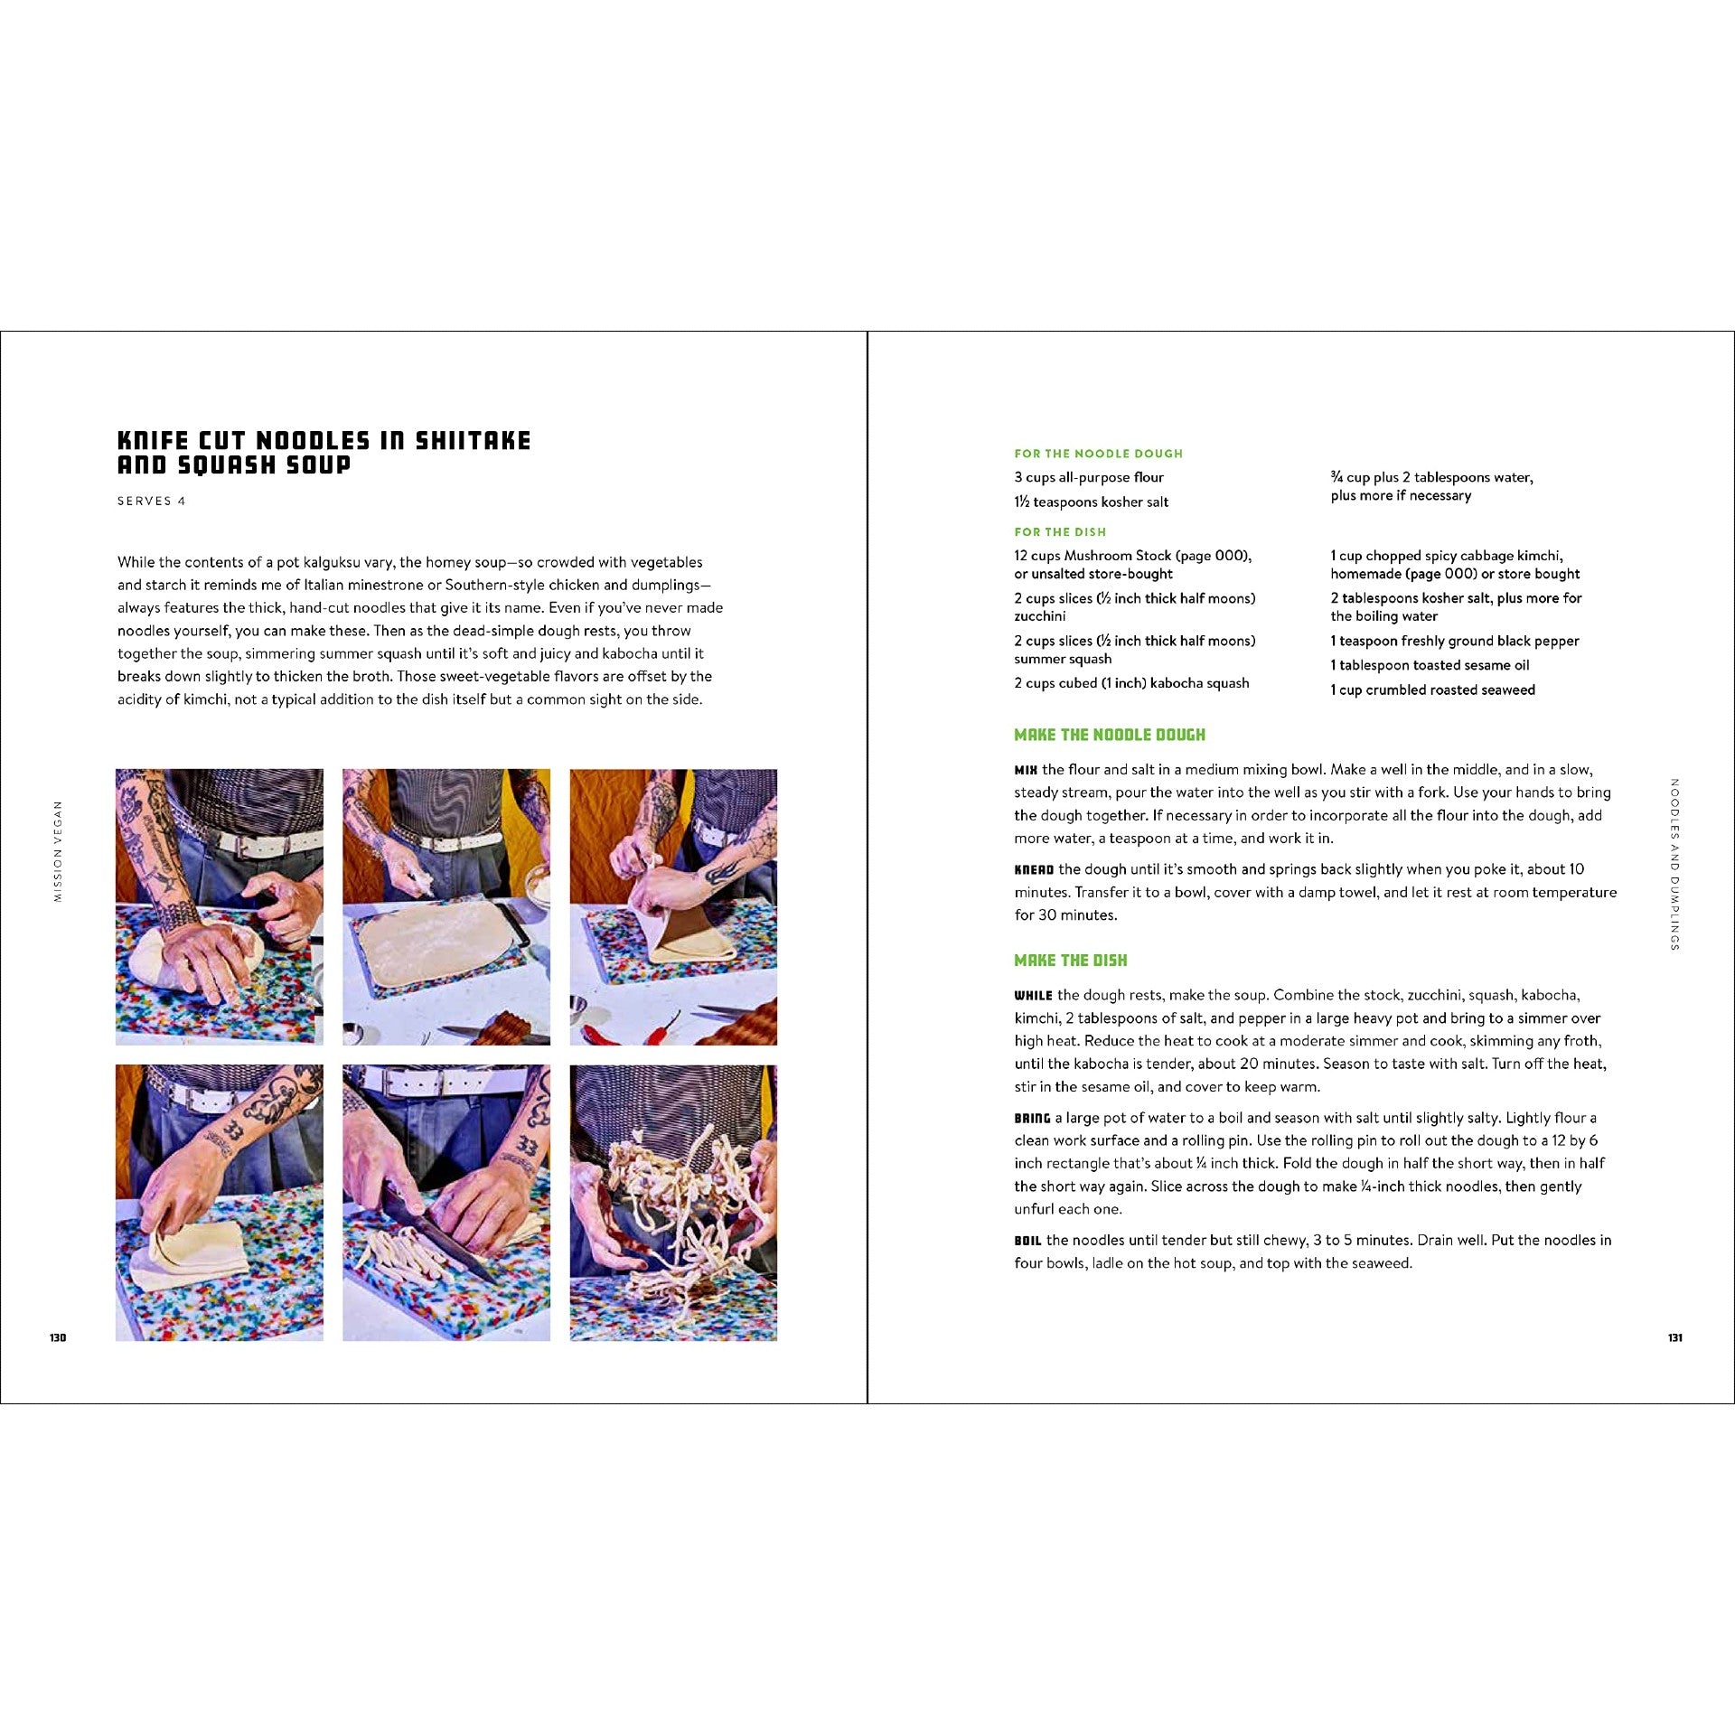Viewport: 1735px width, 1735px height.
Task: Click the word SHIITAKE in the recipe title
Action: pos(473,440)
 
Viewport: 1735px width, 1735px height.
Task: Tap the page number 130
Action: pos(58,1337)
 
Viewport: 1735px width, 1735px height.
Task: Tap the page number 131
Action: pos(1674,1337)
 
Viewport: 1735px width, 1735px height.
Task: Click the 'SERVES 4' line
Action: pos(151,502)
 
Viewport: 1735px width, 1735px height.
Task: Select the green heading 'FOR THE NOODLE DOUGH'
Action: pos(1098,454)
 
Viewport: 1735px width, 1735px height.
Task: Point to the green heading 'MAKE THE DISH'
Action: pos(1071,961)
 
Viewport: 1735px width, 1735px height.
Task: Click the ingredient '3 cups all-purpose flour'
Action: pos(1089,477)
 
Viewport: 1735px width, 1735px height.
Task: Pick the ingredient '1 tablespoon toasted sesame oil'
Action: pos(1430,665)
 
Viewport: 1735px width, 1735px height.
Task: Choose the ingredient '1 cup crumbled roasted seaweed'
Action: pos(1432,689)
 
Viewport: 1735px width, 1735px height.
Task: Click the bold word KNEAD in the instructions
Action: pos(1034,870)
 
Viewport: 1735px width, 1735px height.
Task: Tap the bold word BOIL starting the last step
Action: pos(1027,1241)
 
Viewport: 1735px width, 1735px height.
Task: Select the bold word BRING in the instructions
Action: pos(1032,1119)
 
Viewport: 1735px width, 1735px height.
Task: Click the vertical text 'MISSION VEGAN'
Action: pos(58,851)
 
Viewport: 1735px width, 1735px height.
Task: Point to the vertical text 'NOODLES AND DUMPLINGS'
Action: pos(1674,864)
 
